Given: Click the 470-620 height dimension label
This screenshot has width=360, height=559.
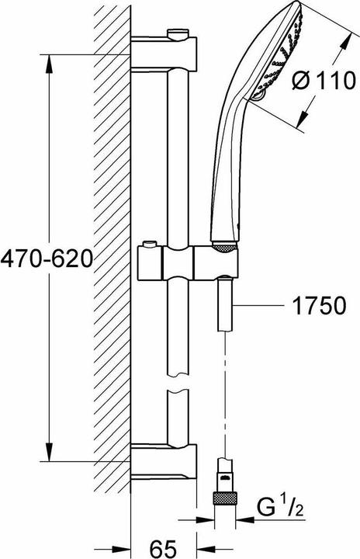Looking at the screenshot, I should (x=47, y=257).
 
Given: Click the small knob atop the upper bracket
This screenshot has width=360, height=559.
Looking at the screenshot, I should (x=175, y=33).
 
